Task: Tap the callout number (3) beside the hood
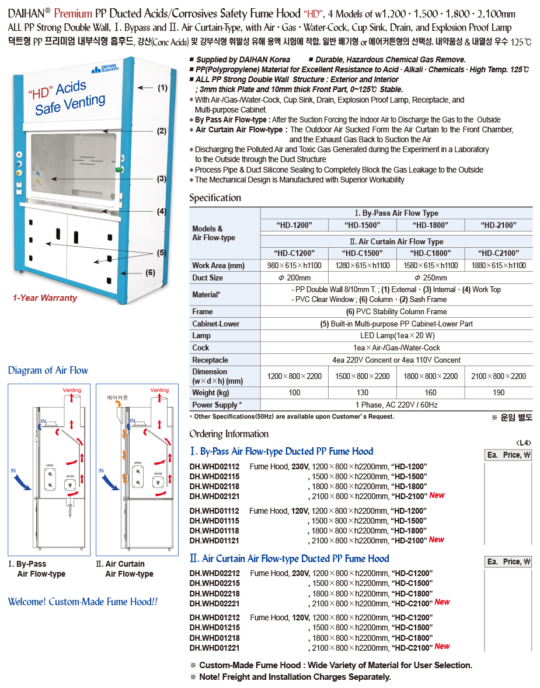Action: point(162,179)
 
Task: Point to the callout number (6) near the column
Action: point(150,272)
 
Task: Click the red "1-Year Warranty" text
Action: point(45,298)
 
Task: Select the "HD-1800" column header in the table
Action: point(430,225)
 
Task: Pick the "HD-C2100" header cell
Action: point(498,253)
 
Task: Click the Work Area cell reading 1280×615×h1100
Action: point(363,266)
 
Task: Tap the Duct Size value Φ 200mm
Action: point(294,278)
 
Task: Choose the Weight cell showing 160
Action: point(430,392)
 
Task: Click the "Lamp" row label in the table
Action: point(201,336)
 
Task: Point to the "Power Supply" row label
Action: point(215,405)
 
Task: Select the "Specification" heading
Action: point(215,198)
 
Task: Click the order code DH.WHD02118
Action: point(214,486)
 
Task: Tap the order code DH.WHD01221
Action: point(214,648)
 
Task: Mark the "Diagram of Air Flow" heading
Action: point(48,370)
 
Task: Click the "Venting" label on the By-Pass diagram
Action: point(72,390)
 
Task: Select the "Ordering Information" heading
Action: point(229,434)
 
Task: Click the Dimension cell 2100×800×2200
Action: point(498,376)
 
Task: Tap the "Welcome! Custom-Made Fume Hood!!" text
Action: point(82,602)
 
